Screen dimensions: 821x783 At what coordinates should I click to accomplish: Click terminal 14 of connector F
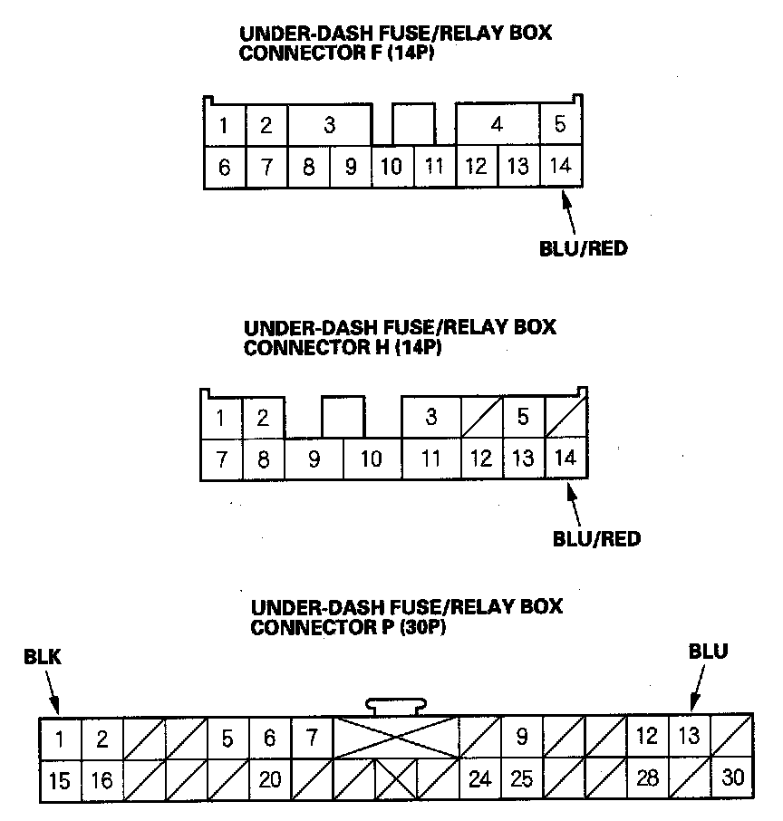tap(561, 167)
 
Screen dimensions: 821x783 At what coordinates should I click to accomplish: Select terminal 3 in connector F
tap(329, 125)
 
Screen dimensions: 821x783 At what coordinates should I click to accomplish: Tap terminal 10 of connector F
tap(391, 167)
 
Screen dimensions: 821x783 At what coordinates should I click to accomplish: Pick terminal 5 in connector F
tap(561, 125)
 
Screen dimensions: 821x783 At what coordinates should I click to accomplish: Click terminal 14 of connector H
tap(565, 458)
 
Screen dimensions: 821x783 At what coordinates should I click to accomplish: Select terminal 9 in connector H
tap(314, 459)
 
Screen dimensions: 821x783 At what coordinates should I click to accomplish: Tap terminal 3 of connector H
tap(431, 418)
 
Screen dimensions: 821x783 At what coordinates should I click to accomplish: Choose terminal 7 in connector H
tap(221, 459)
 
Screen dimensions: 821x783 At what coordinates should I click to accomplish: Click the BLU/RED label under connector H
tap(596, 539)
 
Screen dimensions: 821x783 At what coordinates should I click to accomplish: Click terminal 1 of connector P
tap(60, 739)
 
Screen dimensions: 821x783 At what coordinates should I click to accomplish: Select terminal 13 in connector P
tap(690, 737)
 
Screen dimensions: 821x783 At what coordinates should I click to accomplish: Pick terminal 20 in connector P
tap(270, 779)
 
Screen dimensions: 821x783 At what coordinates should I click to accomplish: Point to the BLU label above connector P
tap(708, 651)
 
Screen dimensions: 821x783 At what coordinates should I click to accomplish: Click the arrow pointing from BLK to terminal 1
tap(53, 696)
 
